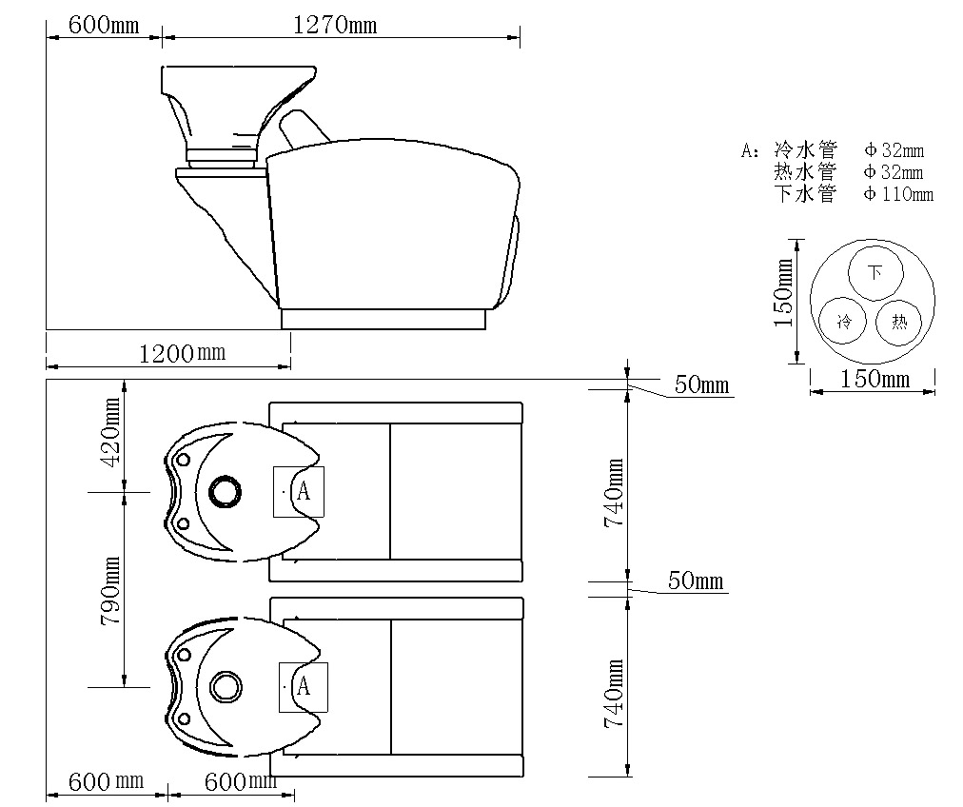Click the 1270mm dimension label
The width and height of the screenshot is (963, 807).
[335, 25]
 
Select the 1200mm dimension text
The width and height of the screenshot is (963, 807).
[182, 353]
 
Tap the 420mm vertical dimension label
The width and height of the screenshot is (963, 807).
[112, 432]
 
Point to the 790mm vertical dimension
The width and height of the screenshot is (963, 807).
[110, 591]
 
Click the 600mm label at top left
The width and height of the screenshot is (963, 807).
[103, 25]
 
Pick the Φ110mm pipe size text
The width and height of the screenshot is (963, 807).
[898, 194]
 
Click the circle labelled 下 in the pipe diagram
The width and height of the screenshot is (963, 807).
[875, 272]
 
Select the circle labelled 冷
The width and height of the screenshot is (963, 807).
[843, 321]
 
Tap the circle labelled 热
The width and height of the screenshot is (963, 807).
[899, 322]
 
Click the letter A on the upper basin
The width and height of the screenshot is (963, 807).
[304, 491]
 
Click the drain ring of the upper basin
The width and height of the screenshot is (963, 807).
[225, 491]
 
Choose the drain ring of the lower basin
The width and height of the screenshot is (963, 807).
[226, 687]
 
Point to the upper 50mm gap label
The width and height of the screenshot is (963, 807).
[701, 384]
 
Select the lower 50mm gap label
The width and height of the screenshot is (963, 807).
[696, 581]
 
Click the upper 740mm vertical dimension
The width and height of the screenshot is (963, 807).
[614, 492]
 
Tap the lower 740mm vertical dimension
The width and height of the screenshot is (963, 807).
[614, 694]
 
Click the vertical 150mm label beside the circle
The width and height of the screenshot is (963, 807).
[784, 293]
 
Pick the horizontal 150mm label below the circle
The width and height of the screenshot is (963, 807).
[875, 379]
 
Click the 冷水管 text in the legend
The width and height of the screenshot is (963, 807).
[805, 149]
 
